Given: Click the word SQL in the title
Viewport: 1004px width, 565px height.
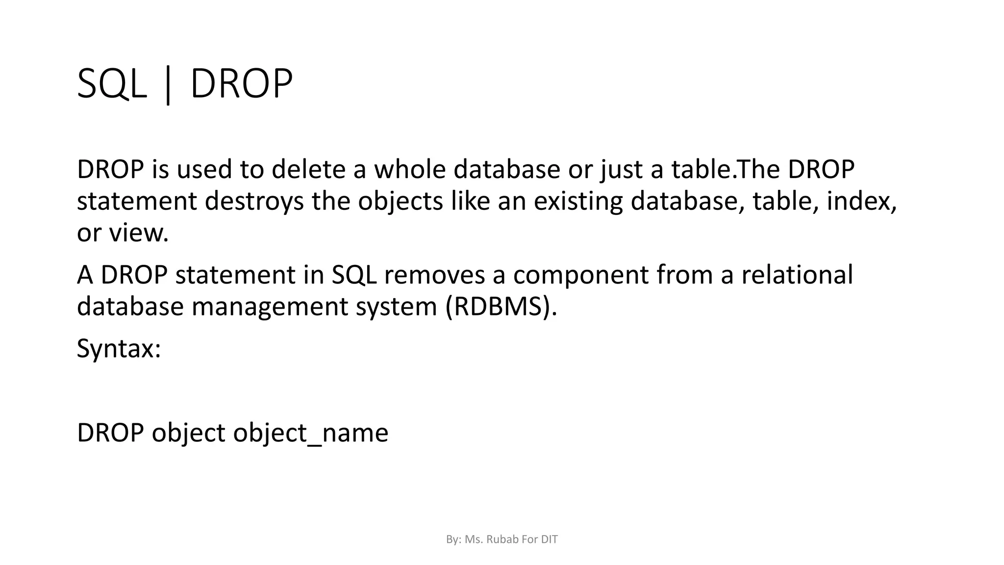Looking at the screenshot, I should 112,84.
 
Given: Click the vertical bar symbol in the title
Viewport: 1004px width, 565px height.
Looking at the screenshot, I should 168,85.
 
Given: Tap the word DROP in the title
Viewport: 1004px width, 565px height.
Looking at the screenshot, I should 241,84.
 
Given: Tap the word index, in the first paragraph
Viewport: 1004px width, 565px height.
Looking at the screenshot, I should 862,201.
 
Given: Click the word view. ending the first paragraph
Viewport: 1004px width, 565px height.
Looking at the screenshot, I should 139,232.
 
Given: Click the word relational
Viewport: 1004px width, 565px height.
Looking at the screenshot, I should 797,275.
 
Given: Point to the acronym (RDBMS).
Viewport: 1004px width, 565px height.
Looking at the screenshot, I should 502,307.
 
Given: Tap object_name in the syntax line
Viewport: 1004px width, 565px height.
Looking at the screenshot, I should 310,433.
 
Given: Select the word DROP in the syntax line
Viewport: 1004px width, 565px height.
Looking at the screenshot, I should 110,433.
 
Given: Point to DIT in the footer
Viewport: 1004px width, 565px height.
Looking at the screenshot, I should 550,539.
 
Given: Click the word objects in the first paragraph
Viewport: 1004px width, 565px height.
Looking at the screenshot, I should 401,201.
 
